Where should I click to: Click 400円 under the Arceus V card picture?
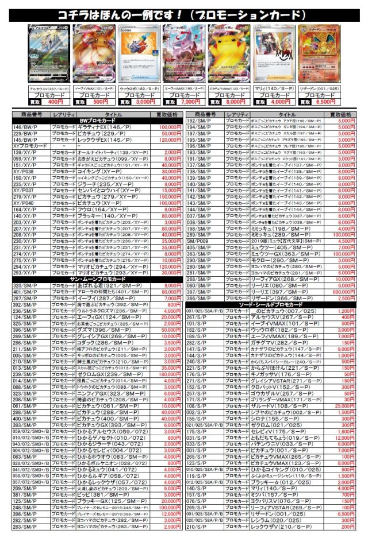pos(56,101)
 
